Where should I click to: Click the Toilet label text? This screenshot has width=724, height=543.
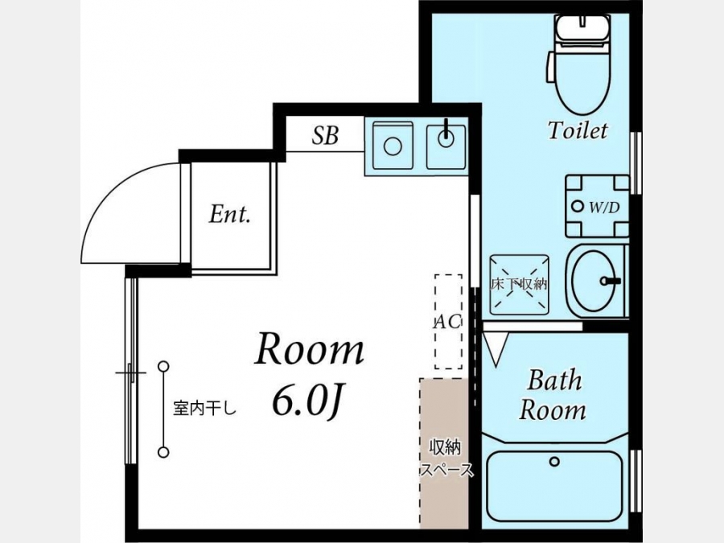pyautogui.click(x=578, y=130)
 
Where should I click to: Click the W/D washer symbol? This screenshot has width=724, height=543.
pyautogui.click(x=597, y=206)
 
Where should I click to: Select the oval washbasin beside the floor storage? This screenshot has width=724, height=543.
pyautogui.click(x=594, y=280)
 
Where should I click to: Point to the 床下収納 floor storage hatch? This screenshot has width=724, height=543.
pyautogui.click(x=519, y=285)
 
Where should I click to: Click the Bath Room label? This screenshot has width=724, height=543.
pyautogui.click(x=553, y=395)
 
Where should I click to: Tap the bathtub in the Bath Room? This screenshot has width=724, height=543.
pyautogui.click(x=554, y=486)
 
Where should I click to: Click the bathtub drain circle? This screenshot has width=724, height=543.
pyautogui.click(x=554, y=461)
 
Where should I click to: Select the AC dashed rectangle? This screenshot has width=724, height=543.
pyautogui.click(x=448, y=322)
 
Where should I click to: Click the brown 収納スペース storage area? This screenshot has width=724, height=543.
pyautogui.click(x=444, y=453)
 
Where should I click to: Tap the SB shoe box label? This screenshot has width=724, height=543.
pyautogui.click(x=325, y=135)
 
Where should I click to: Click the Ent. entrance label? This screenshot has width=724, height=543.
pyautogui.click(x=229, y=214)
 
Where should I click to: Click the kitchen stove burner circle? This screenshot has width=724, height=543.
pyautogui.click(x=393, y=146)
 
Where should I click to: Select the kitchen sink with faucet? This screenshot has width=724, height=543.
pyautogui.click(x=446, y=146)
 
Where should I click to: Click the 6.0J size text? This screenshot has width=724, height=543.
pyautogui.click(x=307, y=401)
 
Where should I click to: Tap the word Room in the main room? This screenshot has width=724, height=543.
pyautogui.click(x=310, y=350)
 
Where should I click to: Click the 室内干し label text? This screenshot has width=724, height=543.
pyautogui.click(x=205, y=408)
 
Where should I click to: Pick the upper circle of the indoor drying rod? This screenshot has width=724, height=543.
pyautogui.click(x=163, y=367)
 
